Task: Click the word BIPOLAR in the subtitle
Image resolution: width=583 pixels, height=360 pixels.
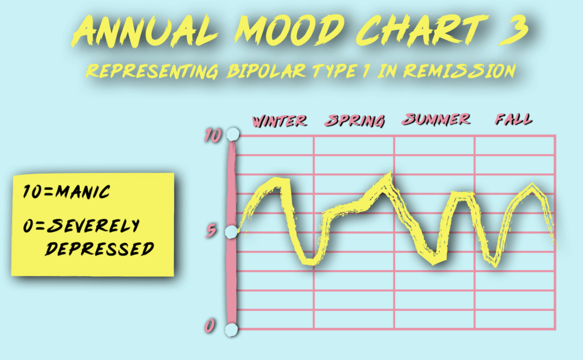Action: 266,71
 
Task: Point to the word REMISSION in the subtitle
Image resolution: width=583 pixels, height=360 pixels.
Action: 460,70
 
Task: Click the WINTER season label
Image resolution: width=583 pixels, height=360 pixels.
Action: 280,121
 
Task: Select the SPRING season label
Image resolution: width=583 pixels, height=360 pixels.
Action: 354,121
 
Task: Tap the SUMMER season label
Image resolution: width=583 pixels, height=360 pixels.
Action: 436,120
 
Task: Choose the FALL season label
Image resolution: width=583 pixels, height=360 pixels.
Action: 514,119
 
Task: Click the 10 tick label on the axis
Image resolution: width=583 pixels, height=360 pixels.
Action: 213,136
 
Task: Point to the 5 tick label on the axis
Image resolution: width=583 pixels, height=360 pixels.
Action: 211,231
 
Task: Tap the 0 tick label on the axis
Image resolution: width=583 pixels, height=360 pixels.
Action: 210,326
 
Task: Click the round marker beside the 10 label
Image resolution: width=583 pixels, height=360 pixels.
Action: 232,134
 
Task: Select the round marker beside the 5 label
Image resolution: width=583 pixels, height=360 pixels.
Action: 231,232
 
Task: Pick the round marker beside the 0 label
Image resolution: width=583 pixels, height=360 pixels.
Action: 231,329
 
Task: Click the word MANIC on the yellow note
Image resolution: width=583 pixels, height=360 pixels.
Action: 83,191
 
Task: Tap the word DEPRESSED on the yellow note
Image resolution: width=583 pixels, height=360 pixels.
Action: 99,248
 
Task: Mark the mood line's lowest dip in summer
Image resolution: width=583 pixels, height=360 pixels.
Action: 434,261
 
